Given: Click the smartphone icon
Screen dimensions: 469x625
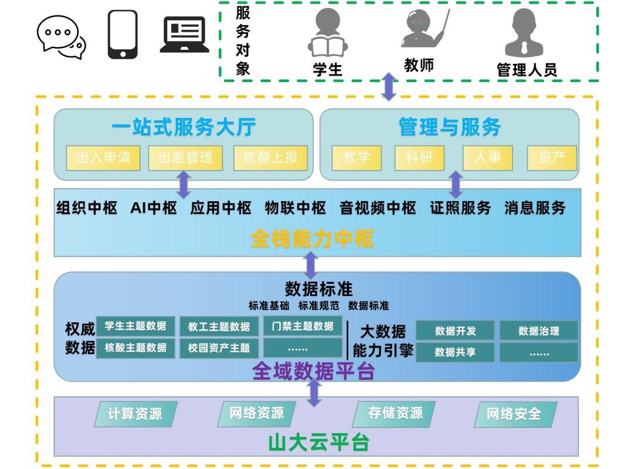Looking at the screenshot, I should [x=123, y=35].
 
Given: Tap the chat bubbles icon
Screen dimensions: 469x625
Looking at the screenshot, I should [x=61, y=37].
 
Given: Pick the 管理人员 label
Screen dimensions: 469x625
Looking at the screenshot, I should [x=527, y=70].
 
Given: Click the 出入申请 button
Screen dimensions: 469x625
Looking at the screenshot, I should [x=103, y=158].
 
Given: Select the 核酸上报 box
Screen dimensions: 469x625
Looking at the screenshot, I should [x=270, y=158].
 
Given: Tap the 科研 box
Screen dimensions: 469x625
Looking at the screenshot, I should [x=419, y=158].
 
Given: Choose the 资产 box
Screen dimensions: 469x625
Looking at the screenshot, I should [x=551, y=158].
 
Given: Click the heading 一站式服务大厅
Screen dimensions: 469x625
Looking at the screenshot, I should [x=184, y=127].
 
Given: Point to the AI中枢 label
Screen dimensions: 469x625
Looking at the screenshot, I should [x=154, y=208].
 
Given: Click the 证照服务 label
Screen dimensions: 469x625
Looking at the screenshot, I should [x=460, y=208].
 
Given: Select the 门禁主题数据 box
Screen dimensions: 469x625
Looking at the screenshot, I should [x=303, y=327].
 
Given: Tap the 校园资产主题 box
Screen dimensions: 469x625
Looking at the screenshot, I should [x=219, y=348].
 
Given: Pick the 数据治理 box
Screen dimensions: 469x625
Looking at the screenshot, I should [x=538, y=331].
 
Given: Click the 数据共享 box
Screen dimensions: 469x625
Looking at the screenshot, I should [x=455, y=352].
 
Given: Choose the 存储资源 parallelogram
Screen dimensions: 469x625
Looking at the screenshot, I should [x=395, y=413].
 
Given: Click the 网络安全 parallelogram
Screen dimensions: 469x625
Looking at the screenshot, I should [x=514, y=414].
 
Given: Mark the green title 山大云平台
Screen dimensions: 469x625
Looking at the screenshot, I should [x=318, y=443].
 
